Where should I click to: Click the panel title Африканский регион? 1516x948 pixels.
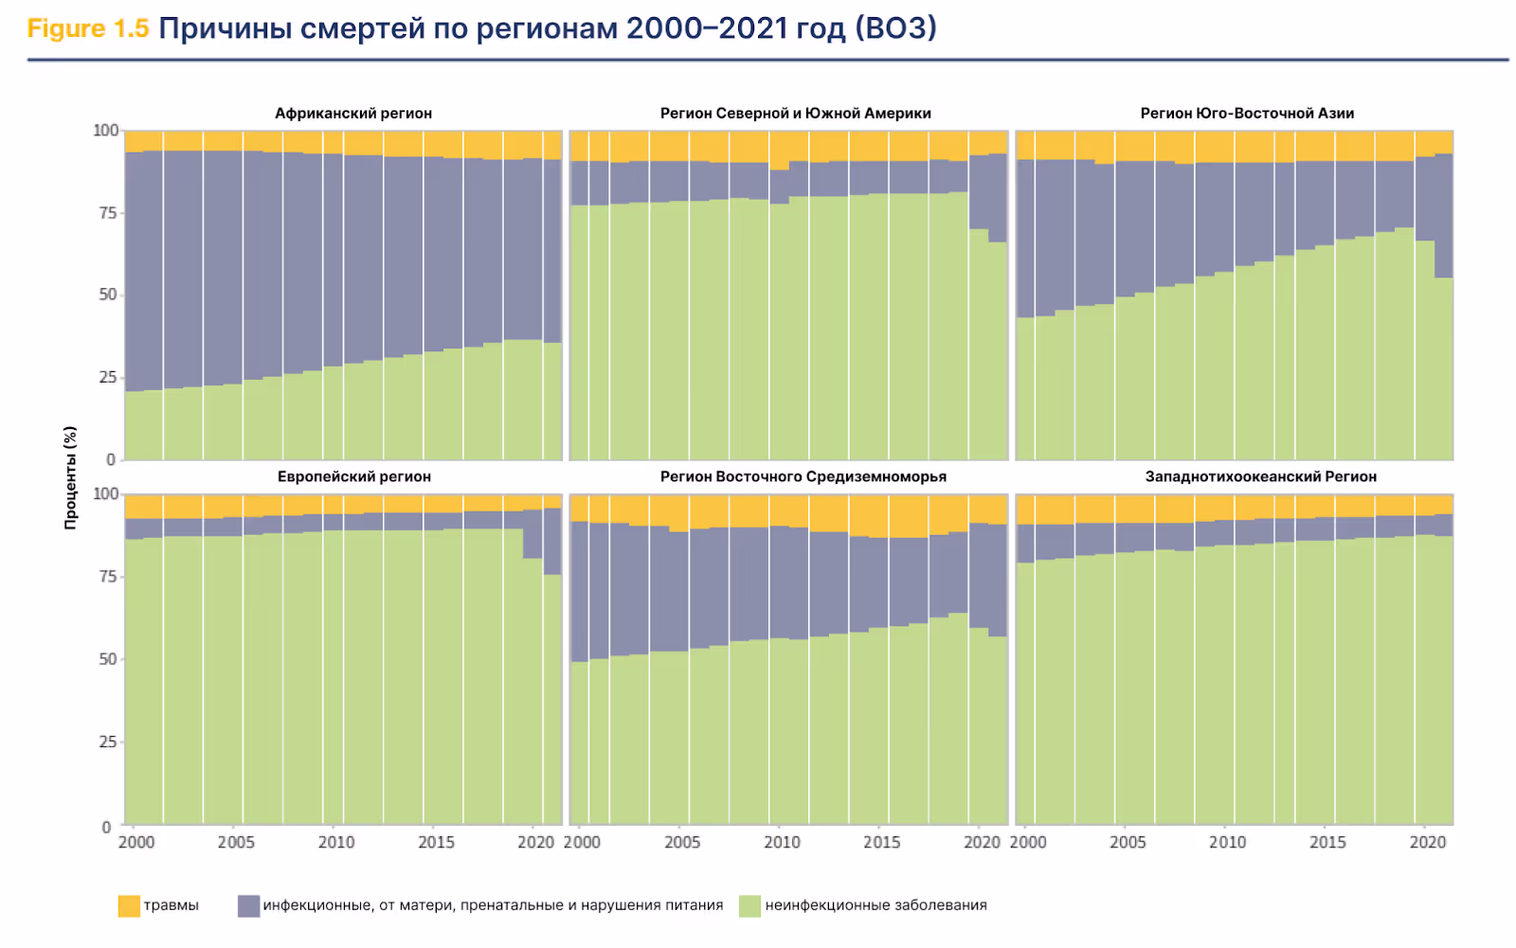(353, 114)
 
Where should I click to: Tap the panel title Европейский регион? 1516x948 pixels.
(353, 476)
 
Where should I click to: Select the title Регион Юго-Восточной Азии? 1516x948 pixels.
(1247, 114)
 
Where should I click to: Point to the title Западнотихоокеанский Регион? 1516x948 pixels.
(1260, 476)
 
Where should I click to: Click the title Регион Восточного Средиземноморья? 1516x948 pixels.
(803, 476)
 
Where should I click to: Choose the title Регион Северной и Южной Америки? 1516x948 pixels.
(795, 114)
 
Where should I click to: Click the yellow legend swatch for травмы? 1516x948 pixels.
(129, 906)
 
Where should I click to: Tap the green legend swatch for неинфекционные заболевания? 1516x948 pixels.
(749, 906)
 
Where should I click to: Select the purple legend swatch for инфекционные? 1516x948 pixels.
(248, 906)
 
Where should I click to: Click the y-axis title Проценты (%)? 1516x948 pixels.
(70, 477)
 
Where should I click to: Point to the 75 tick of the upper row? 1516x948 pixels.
(108, 213)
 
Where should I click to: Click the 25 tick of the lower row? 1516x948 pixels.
(108, 742)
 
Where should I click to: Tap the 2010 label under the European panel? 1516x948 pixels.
(335, 843)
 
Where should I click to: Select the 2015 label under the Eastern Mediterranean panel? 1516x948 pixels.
(881, 843)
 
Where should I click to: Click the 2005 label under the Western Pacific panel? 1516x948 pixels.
(1127, 843)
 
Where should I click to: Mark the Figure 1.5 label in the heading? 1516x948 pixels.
(88, 28)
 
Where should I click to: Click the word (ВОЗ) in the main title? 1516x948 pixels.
(895, 28)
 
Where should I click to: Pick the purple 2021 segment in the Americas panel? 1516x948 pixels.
(998, 198)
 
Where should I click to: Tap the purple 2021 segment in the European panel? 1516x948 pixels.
(552, 541)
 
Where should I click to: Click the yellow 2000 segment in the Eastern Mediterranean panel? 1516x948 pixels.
(579, 508)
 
